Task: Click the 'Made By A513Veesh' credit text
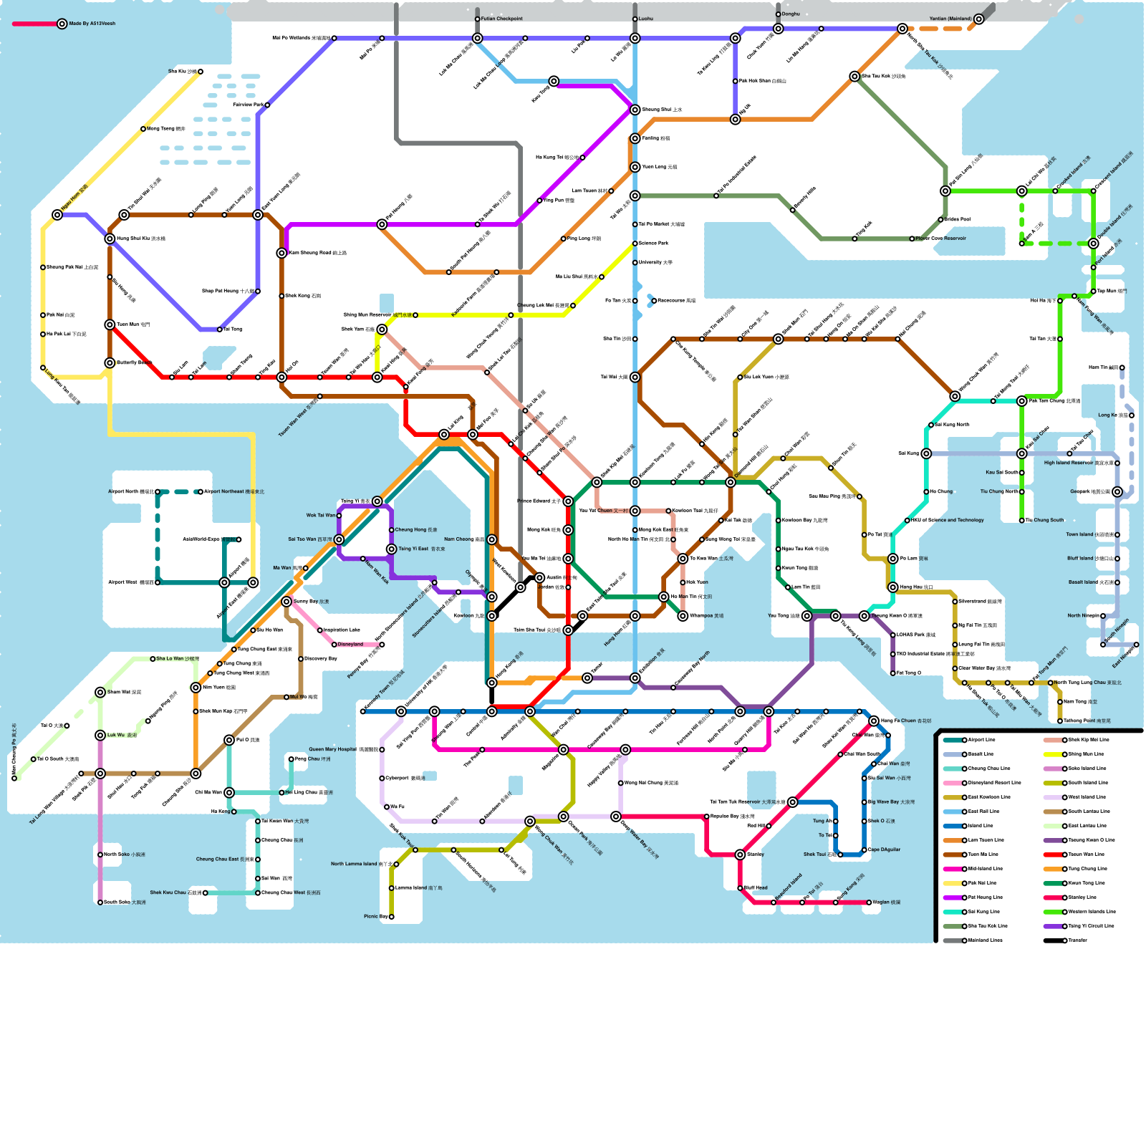92,24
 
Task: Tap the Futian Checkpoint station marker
478,19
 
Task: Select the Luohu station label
645,19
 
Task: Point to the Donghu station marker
779,14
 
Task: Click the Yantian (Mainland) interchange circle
978,19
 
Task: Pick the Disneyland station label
350,645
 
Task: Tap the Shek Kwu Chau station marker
206,893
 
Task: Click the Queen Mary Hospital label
333,749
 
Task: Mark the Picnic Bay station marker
392,917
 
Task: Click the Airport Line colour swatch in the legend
953,740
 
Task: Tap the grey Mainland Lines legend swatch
953,940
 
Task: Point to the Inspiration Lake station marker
320,630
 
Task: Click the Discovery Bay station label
321,659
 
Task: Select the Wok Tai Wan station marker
340,516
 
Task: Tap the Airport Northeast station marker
201,492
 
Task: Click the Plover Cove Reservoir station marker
912,239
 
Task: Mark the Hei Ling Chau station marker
281,793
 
